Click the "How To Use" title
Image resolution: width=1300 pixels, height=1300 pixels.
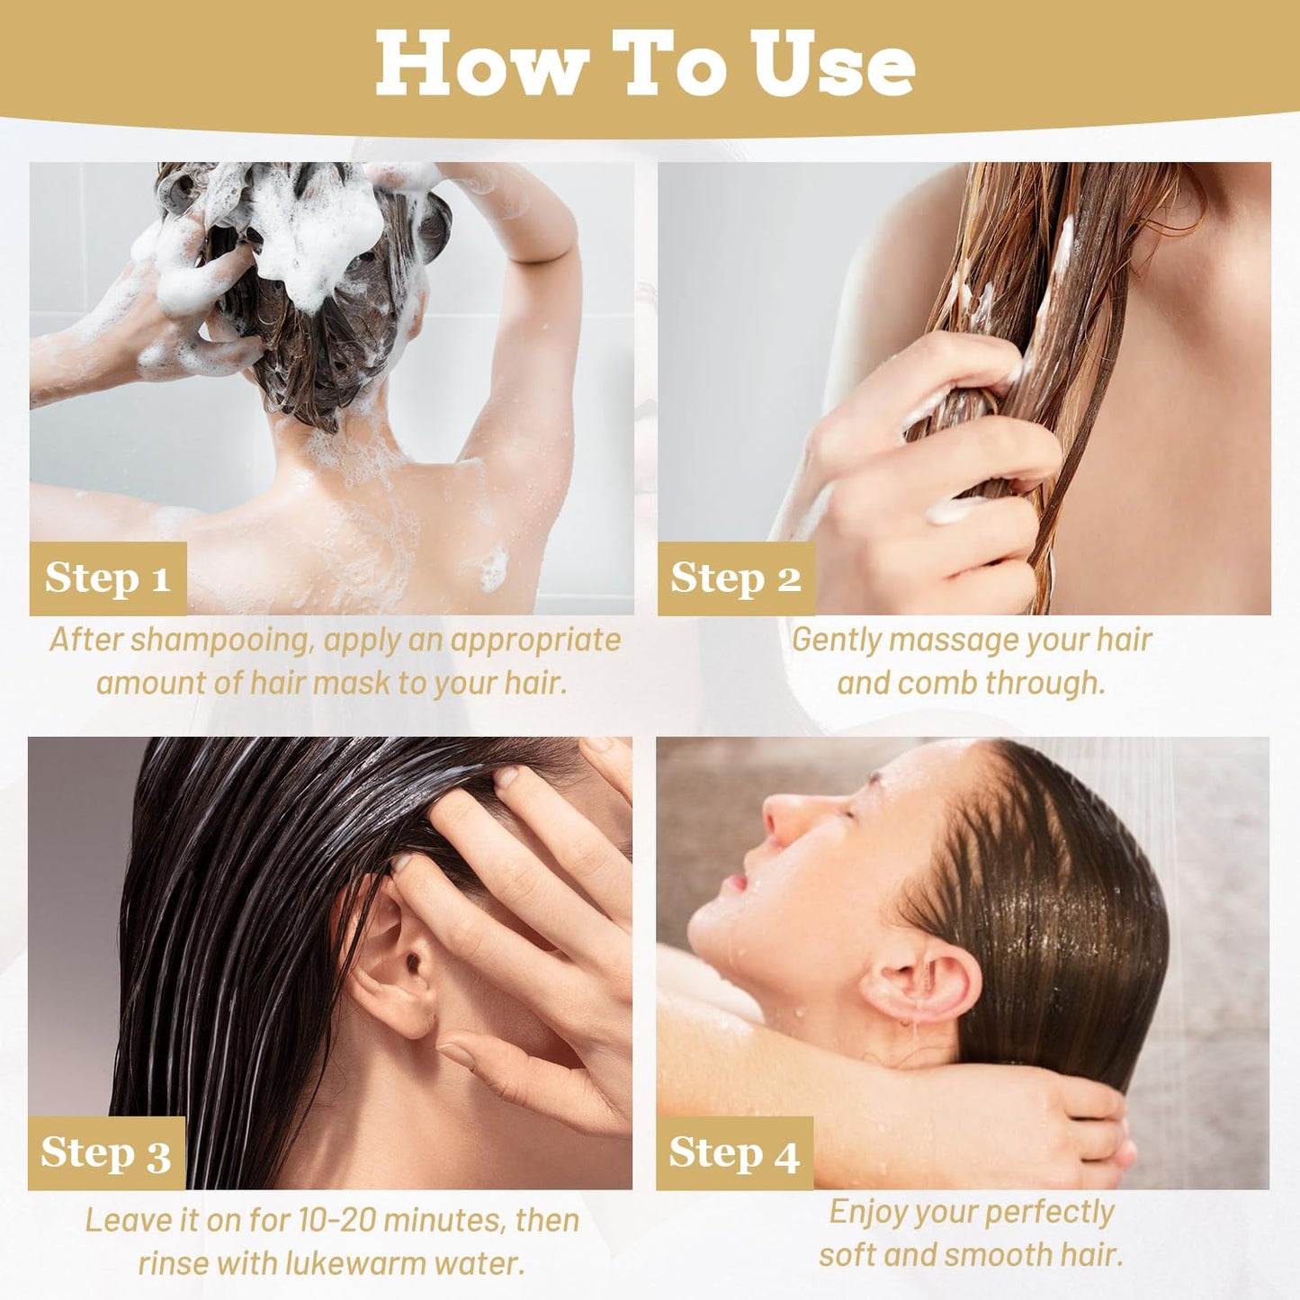tap(645, 63)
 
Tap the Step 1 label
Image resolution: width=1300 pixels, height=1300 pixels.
tap(107, 578)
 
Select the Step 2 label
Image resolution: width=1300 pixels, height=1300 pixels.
tap(735, 578)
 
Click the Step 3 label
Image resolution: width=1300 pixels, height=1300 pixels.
tap(105, 1153)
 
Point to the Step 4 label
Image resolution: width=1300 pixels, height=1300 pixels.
tap(733, 1153)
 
